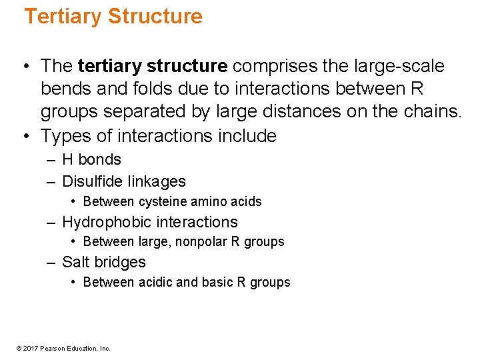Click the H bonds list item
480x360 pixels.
(x=91, y=160)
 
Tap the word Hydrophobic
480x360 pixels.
(x=103, y=222)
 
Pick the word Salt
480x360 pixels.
(x=75, y=262)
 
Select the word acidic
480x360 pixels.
(x=155, y=282)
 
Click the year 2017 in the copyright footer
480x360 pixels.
(x=32, y=348)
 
